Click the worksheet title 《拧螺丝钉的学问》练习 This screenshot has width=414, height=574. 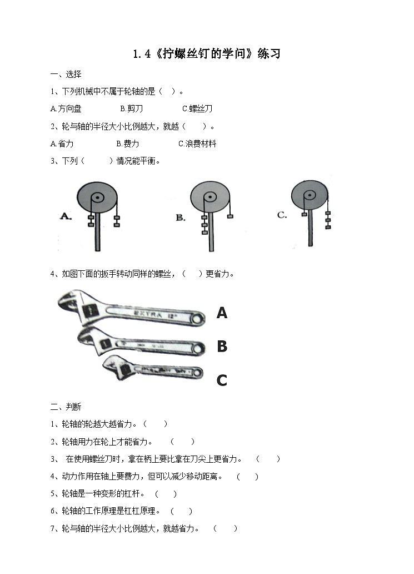click(207, 54)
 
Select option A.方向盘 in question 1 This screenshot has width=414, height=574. click(65, 109)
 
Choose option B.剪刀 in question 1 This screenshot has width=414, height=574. click(131, 109)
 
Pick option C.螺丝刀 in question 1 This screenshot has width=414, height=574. click(197, 109)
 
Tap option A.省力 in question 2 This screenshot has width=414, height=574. click(62, 143)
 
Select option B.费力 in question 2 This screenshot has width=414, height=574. click(128, 143)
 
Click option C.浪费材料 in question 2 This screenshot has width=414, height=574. click(197, 143)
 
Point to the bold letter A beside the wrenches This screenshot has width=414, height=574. click(222, 314)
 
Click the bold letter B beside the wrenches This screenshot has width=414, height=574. click(222, 347)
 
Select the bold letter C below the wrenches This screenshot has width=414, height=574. click(222, 380)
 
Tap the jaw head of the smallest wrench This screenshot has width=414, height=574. click(114, 366)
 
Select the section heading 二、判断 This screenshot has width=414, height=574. click(66, 407)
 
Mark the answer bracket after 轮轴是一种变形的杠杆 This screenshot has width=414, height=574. click(166, 493)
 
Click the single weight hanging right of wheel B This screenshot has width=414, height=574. click(230, 216)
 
